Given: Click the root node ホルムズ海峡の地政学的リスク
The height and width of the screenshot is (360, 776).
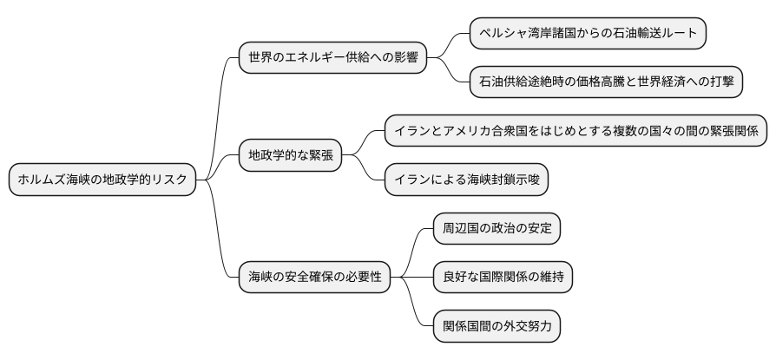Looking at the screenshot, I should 102,180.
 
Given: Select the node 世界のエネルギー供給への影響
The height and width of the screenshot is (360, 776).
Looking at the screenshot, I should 333,59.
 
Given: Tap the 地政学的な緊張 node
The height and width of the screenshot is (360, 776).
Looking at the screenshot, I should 290,156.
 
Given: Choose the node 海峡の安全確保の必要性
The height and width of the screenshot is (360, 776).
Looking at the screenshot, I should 314,278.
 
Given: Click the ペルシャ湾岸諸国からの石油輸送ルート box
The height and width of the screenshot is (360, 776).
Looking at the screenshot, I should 588,34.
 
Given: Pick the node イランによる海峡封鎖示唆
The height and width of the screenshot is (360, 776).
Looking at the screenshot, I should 467,180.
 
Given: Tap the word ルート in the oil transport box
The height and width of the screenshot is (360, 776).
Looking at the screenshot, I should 679,34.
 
